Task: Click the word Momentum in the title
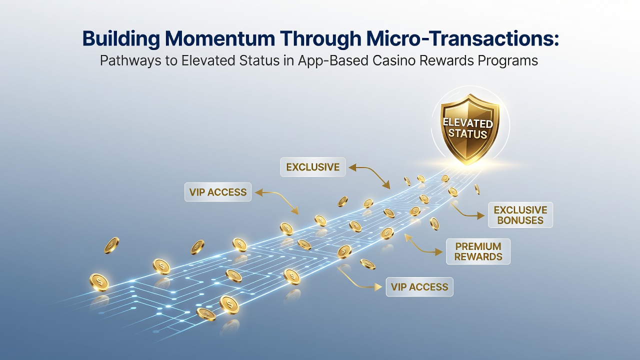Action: [x=219, y=38]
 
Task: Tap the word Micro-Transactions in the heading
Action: [x=462, y=38]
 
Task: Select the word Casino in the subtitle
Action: [x=395, y=60]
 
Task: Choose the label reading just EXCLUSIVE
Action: [x=313, y=167]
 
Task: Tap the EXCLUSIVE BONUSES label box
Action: [x=520, y=215]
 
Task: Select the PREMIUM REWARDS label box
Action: [x=478, y=251]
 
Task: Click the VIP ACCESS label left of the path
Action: [x=218, y=192]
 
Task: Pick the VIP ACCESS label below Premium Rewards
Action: [x=419, y=287]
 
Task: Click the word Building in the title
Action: [x=121, y=39]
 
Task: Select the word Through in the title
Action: [x=320, y=39]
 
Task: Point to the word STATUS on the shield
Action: [x=467, y=133]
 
